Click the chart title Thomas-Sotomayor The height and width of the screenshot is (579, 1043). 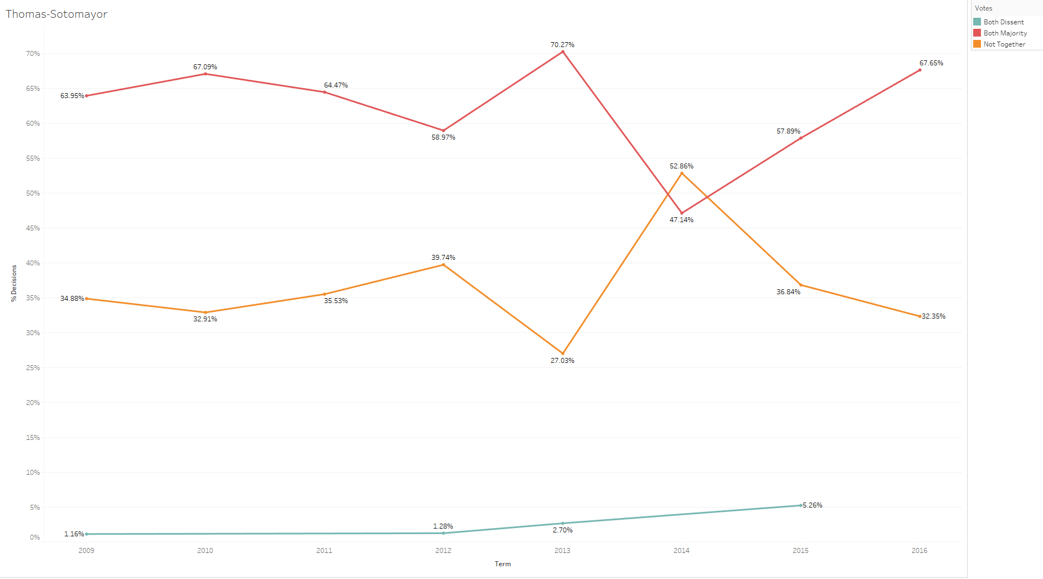click(x=56, y=14)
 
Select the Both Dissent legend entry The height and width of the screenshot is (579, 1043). click(x=1003, y=22)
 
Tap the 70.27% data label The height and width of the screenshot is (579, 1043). click(x=562, y=45)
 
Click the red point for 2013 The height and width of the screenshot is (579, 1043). click(x=563, y=52)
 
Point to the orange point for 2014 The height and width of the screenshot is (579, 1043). click(x=682, y=173)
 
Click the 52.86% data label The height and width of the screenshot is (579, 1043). click(x=681, y=166)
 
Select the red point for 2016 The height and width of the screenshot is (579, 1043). click(x=920, y=70)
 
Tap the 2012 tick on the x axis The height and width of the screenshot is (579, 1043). click(x=443, y=551)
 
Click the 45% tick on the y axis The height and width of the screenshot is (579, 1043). click(x=33, y=228)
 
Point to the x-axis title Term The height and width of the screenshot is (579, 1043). click(x=503, y=564)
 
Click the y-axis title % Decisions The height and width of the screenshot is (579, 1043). click(x=14, y=283)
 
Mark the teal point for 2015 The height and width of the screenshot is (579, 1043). click(x=801, y=505)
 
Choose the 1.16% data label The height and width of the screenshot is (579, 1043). click(x=74, y=534)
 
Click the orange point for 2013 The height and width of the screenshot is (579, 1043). click(x=563, y=353)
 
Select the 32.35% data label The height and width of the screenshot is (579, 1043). click(x=933, y=316)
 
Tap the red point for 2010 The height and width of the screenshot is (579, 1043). click(x=205, y=74)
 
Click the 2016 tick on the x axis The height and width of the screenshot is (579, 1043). click(x=919, y=551)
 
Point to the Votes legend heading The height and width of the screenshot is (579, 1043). click(x=984, y=8)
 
